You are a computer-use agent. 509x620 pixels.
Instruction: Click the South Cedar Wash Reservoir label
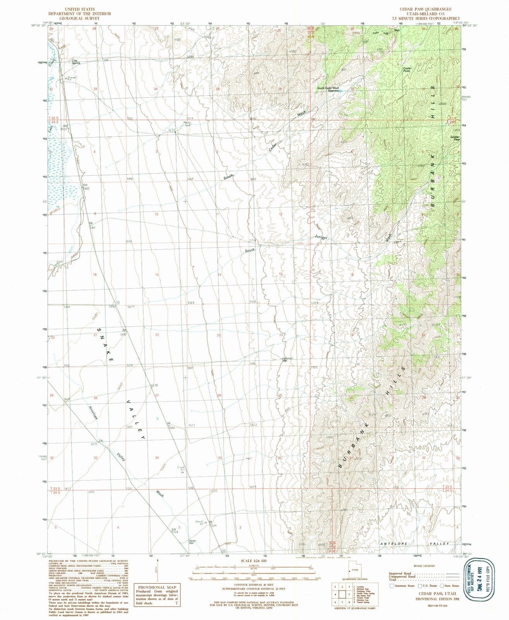(x=328, y=89)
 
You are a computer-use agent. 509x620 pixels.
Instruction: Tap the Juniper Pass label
(x=455, y=138)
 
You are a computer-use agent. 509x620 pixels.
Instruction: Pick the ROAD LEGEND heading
(x=423, y=566)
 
